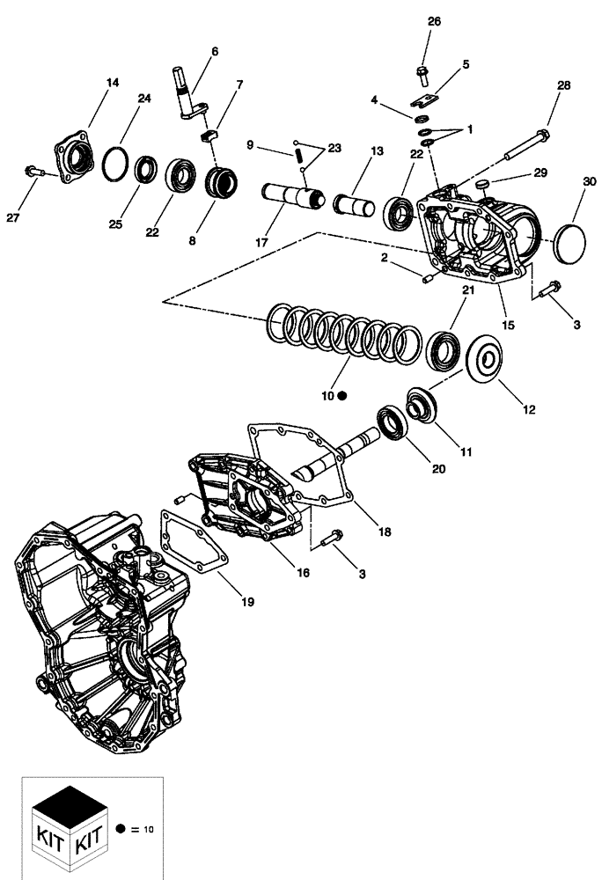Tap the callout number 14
[113, 83]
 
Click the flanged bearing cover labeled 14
[76, 159]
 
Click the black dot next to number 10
[343, 397]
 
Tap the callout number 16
[302, 573]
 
